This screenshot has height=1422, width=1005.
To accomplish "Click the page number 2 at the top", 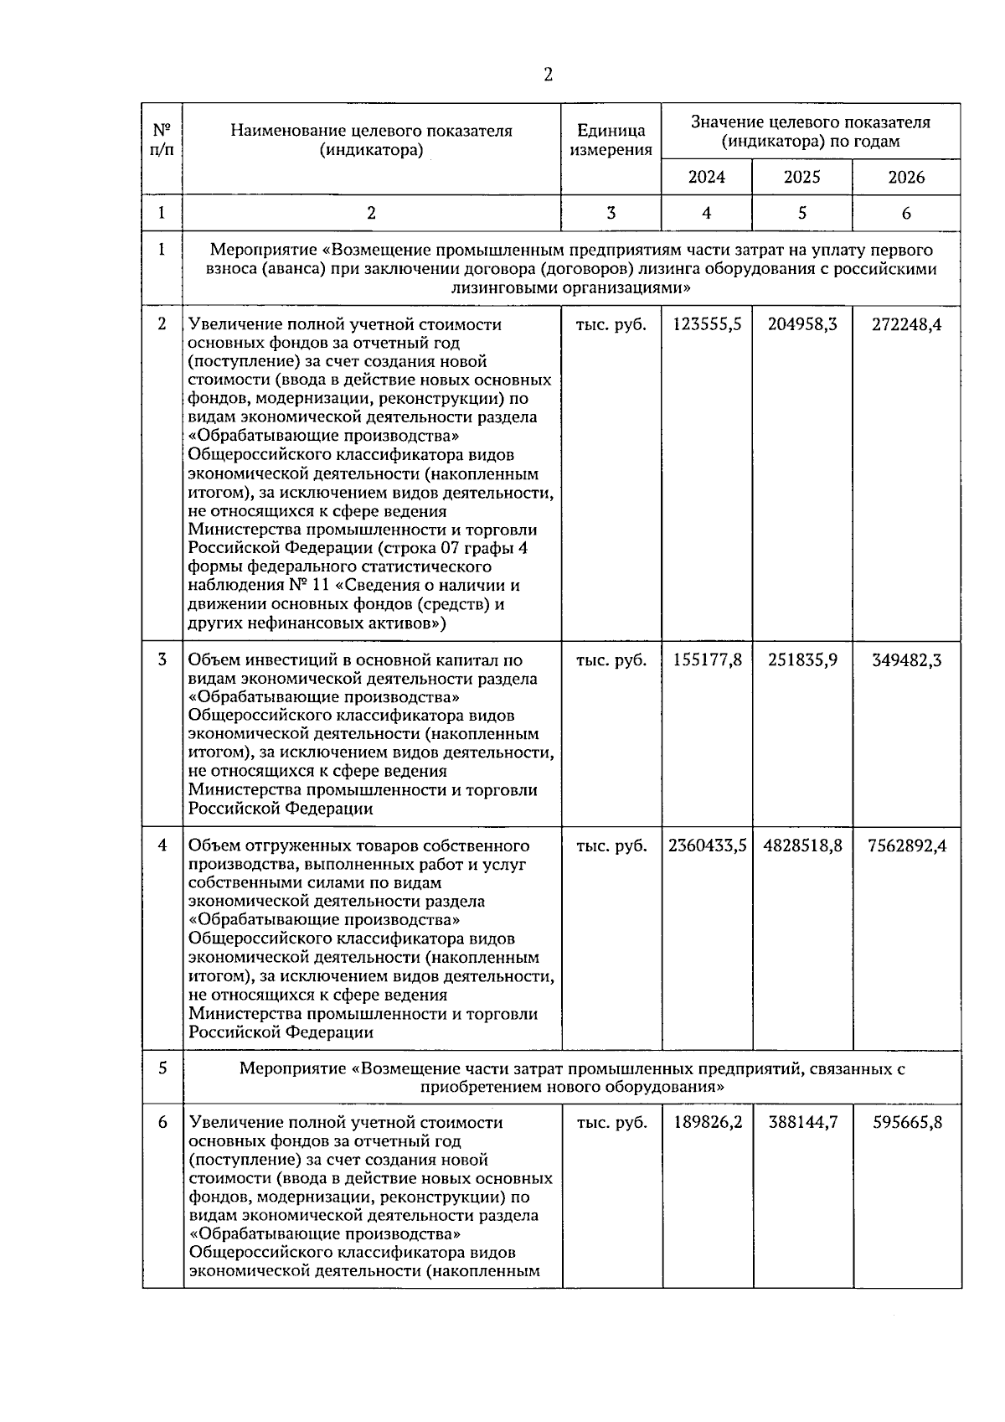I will (x=548, y=75).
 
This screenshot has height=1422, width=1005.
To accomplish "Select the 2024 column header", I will (x=707, y=177).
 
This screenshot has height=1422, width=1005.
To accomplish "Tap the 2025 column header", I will (x=801, y=177).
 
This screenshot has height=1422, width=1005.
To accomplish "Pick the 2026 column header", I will (x=906, y=177).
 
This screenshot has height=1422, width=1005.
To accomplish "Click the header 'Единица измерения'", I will (x=611, y=140).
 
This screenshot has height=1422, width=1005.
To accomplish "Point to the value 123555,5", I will (x=707, y=324).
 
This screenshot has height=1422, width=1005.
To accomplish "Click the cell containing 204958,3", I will (x=802, y=324).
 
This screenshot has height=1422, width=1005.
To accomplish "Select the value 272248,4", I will (x=906, y=324).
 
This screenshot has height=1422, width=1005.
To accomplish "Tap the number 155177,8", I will (x=707, y=660).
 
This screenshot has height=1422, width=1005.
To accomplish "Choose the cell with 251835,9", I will (x=802, y=660).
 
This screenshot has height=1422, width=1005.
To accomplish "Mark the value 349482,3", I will (x=906, y=660).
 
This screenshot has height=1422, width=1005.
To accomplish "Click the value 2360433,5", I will (x=707, y=846).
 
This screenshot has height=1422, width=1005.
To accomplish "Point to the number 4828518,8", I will (x=802, y=846).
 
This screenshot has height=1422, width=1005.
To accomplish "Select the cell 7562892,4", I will (x=907, y=846).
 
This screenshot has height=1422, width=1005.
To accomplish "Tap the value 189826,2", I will (x=707, y=1123).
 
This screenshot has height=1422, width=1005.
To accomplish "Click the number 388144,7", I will (x=802, y=1123).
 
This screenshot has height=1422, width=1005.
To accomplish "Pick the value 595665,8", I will (x=906, y=1123).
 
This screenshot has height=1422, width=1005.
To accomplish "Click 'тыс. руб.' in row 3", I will (x=611, y=660).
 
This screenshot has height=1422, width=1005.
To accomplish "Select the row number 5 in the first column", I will (x=162, y=1068).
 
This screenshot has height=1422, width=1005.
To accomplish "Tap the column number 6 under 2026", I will (x=906, y=213).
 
